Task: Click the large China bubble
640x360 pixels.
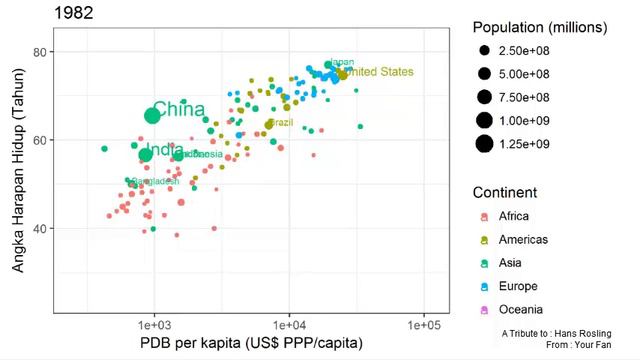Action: pos(152,115)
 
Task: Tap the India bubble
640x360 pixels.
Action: pos(146,154)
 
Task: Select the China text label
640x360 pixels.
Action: pos(179,109)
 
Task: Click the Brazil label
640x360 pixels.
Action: pos(281,123)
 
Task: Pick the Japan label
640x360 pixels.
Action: pos(342,62)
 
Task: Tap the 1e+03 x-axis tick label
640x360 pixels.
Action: pos(153,326)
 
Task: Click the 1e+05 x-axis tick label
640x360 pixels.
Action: pos(423,326)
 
